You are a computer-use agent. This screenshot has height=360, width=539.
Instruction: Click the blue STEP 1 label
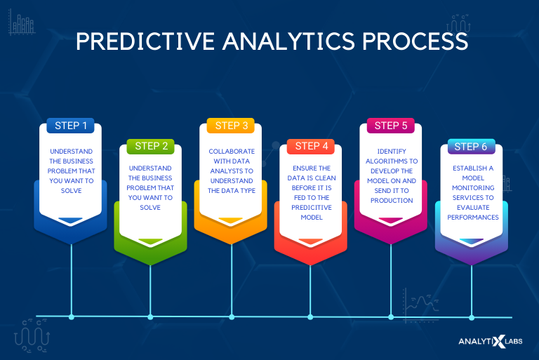pyautogui.click(x=71, y=126)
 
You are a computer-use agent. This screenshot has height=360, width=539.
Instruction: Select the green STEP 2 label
pyautogui.click(x=151, y=146)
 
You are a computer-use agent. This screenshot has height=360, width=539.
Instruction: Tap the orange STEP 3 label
pyautogui.click(x=231, y=126)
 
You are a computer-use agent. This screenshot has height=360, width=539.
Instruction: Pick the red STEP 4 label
pyautogui.click(x=311, y=146)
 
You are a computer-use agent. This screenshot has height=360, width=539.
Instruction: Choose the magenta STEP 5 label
pyautogui.click(x=391, y=126)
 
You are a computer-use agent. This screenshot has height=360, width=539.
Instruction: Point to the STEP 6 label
pyautogui.click(x=471, y=147)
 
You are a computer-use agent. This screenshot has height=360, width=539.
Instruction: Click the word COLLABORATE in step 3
pyautogui.click(x=232, y=152)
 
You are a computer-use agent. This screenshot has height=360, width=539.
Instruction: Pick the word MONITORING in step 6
pyautogui.click(x=471, y=188)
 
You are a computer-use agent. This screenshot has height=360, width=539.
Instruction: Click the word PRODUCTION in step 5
pyautogui.click(x=391, y=200)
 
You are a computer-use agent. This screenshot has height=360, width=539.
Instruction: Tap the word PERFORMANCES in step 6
pyautogui.click(x=471, y=218)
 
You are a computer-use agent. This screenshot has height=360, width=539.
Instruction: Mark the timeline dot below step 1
pyautogui.click(x=71, y=317)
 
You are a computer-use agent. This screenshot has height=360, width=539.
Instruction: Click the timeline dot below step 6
pyautogui.click(x=471, y=317)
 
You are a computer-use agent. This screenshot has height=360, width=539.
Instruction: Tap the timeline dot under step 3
pyautogui.click(x=231, y=317)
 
